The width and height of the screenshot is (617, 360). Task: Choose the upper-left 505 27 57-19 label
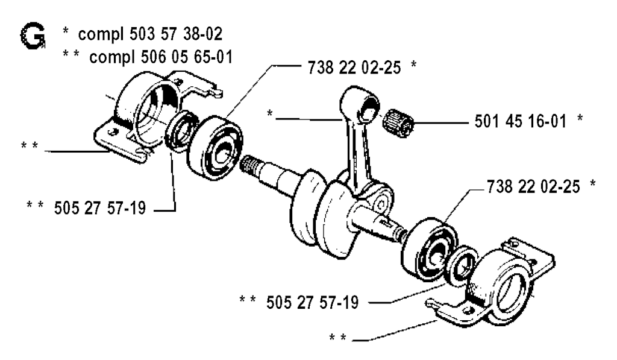(x=93, y=210)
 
